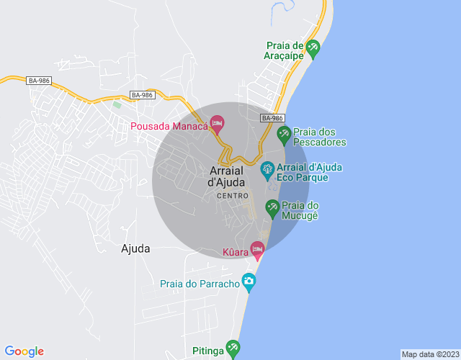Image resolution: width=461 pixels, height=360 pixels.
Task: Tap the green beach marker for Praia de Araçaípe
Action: coord(313,49)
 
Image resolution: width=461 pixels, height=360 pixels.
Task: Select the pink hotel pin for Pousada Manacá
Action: coord(217,125)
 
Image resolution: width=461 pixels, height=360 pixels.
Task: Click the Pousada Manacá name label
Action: coord(169,127)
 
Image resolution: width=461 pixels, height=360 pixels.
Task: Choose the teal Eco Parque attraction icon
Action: coord(267,170)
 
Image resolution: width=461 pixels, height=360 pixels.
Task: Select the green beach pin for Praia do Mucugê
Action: coord(272,207)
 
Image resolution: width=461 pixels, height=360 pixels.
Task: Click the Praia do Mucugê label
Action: coord(300,210)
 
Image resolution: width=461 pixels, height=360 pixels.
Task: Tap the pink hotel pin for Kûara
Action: coord(257,249)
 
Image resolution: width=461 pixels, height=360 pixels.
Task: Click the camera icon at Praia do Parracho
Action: coord(249,282)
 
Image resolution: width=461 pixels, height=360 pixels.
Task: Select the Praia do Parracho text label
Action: coord(200,284)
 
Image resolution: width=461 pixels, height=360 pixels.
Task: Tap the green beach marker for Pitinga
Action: coord(233,348)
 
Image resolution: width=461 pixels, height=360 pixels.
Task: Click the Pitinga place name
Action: coord(208,351)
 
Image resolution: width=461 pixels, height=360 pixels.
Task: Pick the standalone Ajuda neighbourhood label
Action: coord(136,248)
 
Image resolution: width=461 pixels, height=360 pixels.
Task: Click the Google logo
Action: coord(24,351)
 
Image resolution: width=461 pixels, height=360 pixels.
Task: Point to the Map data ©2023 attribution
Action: coord(429,354)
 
